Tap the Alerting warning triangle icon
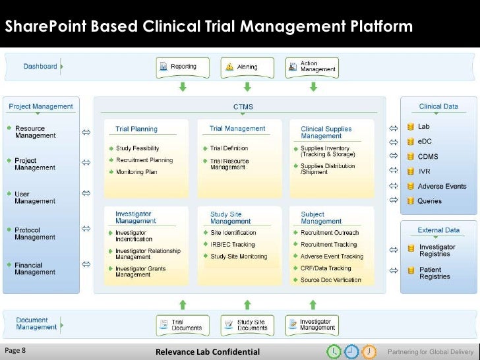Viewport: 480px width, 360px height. (229, 67)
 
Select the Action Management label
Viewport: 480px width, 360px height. (318, 67)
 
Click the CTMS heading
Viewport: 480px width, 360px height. (243, 106)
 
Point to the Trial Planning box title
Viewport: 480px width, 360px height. (136, 129)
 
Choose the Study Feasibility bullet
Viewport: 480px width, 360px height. (138, 148)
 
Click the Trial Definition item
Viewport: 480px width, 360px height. (229, 148)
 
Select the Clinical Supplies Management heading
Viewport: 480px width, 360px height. (326, 133)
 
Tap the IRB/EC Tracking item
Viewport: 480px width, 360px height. (232, 245)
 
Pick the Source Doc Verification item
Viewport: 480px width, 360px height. (330, 280)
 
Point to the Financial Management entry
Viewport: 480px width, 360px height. (35, 269)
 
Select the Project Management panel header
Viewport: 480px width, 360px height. (41, 106)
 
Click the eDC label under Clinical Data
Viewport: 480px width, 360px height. (425, 141)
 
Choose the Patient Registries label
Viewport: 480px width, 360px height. (435, 273)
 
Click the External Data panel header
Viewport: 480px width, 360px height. (438, 230)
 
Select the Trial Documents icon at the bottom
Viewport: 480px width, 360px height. (163, 324)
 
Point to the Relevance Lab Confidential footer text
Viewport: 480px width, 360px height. (208, 351)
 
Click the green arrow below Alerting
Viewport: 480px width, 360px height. (247, 86)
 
